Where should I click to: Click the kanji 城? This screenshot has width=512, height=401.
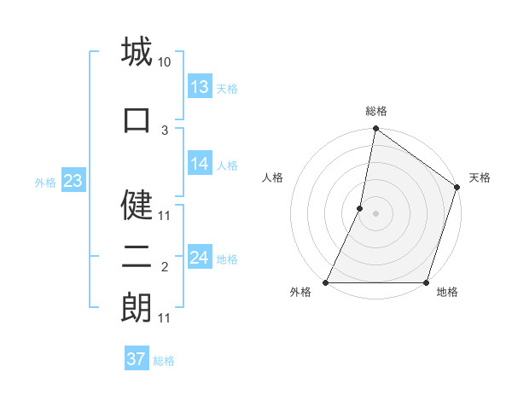point(137,53)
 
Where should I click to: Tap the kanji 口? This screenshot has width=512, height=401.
point(137,119)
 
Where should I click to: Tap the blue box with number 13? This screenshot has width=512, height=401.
point(200,87)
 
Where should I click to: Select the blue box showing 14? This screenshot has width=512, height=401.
point(200,164)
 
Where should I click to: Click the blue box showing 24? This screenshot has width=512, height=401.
point(200,258)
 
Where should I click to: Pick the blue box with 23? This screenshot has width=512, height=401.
point(73,181)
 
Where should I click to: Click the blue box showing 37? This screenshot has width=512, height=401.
point(137,359)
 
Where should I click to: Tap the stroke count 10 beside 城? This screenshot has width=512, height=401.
point(165,62)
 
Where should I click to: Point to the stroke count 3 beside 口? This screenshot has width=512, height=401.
point(165,130)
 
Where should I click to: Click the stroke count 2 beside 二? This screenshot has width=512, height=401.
point(165,268)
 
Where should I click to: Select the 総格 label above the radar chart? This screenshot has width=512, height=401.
point(376,111)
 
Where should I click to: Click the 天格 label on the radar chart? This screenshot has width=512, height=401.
point(480,177)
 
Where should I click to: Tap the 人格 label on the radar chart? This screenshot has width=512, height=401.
point(273,177)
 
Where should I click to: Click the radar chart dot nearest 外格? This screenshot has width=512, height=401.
point(326,282)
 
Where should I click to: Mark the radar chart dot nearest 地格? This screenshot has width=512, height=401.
point(426,282)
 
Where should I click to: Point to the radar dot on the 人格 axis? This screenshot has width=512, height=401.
point(360,208)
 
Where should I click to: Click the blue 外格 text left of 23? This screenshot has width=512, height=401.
point(45,182)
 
